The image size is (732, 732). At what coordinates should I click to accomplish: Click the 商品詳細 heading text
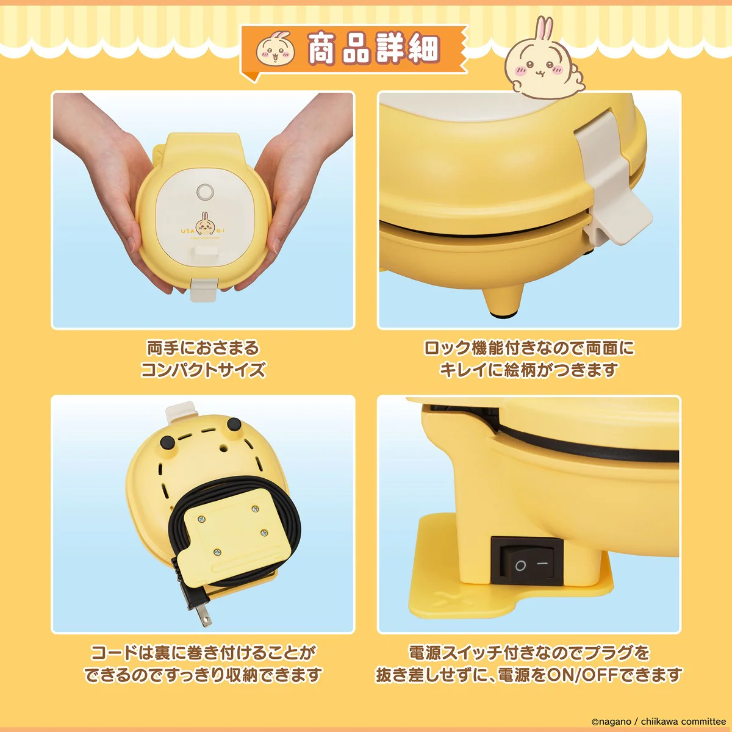coord(373,48)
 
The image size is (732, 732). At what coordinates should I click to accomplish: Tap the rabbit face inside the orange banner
coord(275,49)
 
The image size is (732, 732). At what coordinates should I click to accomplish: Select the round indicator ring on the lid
coord(204,192)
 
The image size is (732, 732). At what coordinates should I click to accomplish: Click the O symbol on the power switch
coord(520,565)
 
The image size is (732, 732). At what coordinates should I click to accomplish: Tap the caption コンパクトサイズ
coord(203,370)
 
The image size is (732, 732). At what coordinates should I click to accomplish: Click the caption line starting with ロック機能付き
coord(529,348)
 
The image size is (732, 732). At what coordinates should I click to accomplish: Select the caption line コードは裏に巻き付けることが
coord(203,653)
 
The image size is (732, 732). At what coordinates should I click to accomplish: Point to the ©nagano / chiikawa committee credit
coord(658,722)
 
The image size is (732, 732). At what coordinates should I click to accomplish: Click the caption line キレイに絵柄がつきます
coord(529,370)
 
